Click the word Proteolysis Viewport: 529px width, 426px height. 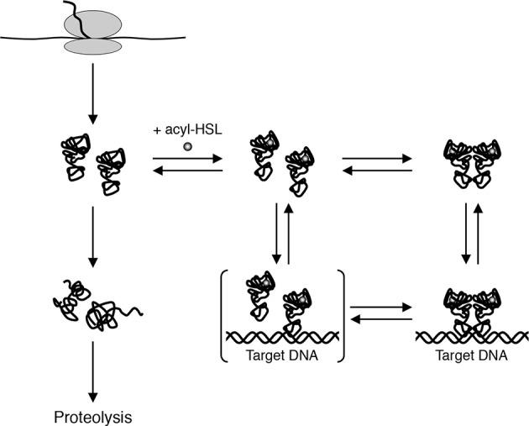click(92, 415)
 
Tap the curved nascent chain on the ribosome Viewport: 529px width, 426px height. click(85, 22)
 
